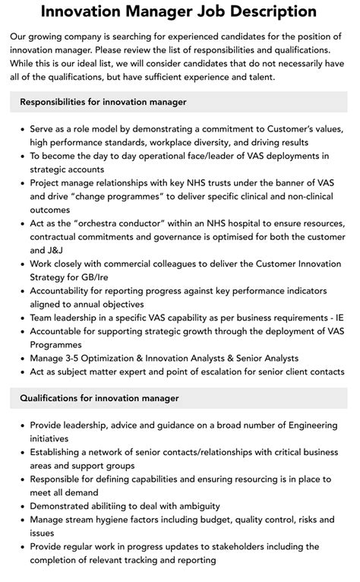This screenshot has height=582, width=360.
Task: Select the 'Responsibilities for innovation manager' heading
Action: (103, 101)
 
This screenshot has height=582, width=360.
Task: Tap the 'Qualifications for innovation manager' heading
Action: (99, 397)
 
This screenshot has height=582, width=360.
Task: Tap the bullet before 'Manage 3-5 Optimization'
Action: (21, 358)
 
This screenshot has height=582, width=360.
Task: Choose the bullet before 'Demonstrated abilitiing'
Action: (21, 505)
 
